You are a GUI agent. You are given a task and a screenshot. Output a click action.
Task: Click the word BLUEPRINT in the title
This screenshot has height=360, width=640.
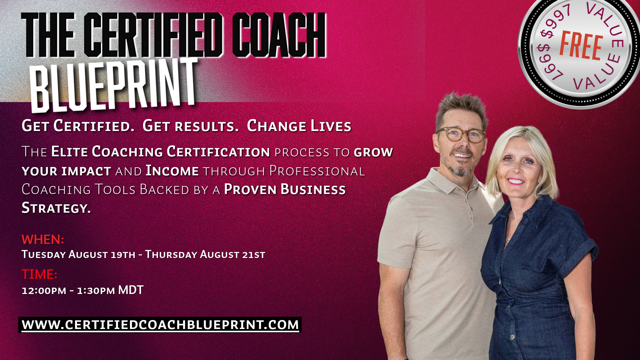(x=114, y=85)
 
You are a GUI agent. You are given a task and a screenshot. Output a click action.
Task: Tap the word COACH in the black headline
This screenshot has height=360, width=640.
(x=279, y=35)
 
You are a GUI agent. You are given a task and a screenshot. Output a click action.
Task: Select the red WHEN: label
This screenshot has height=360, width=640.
(x=43, y=239)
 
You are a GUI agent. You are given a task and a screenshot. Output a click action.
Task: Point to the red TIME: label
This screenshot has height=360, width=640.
(x=39, y=274)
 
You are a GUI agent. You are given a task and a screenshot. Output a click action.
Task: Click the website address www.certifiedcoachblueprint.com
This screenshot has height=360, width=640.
(x=160, y=325)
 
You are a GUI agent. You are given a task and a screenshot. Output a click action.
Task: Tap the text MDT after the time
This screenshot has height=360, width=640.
(x=131, y=290)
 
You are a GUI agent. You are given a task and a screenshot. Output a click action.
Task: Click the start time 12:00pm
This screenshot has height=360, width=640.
(x=44, y=291)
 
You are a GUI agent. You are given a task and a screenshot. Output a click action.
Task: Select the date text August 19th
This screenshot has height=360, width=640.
(x=102, y=254)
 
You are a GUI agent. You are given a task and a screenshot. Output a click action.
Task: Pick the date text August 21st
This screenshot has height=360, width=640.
(x=233, y=254)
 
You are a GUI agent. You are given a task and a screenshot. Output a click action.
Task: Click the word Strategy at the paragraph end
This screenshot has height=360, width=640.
(x=56, y=208)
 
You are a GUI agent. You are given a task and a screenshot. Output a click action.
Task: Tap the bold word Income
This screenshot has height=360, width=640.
(x=172, y=171)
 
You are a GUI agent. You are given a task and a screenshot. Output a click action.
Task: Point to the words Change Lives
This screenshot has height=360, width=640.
(x=299, y=126)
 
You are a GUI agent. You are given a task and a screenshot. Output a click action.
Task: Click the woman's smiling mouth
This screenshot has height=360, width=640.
(x=516, y=181)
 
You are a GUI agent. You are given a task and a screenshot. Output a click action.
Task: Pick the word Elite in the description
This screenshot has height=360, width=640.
(x=69, y=152)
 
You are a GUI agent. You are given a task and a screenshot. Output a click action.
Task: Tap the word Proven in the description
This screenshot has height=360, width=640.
(x=250, y=189)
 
